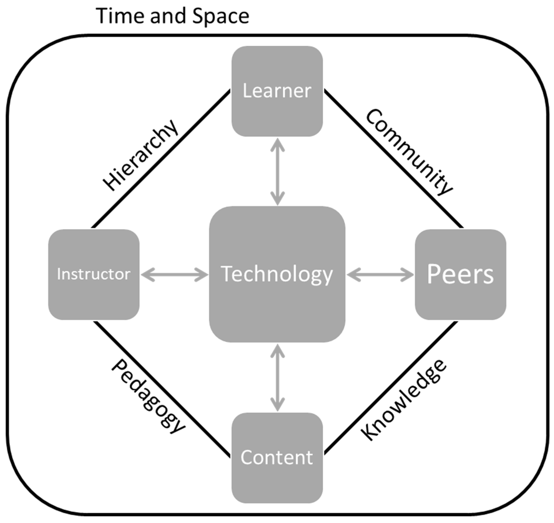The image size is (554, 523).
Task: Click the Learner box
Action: tap(277, 91)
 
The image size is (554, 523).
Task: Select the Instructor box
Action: tap(94, 274)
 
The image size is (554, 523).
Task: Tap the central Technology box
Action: tap(277, 274)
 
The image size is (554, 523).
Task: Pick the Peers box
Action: tap(460, 274)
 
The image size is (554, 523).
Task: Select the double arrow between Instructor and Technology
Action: tap(174, 275)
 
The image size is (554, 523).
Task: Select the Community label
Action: tap(409, 152)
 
